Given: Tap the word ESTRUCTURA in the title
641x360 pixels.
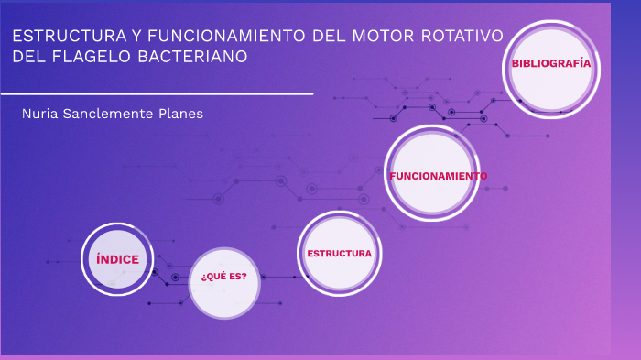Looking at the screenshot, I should coord(66,37).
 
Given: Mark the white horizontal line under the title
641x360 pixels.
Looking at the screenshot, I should coord(157,93).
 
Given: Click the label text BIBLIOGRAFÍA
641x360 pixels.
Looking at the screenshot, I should coord(550,64).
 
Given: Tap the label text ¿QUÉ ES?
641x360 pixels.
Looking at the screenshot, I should coord(224,276).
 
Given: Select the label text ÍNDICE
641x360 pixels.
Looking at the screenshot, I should coord(118,259).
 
